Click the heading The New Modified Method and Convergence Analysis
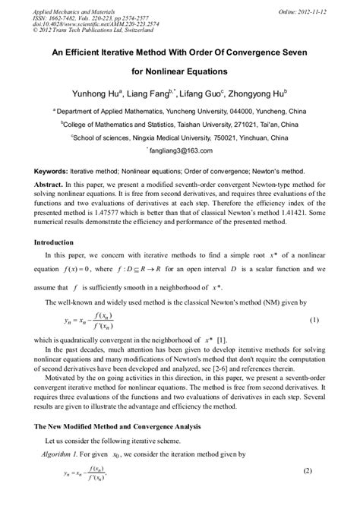[126, 428]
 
